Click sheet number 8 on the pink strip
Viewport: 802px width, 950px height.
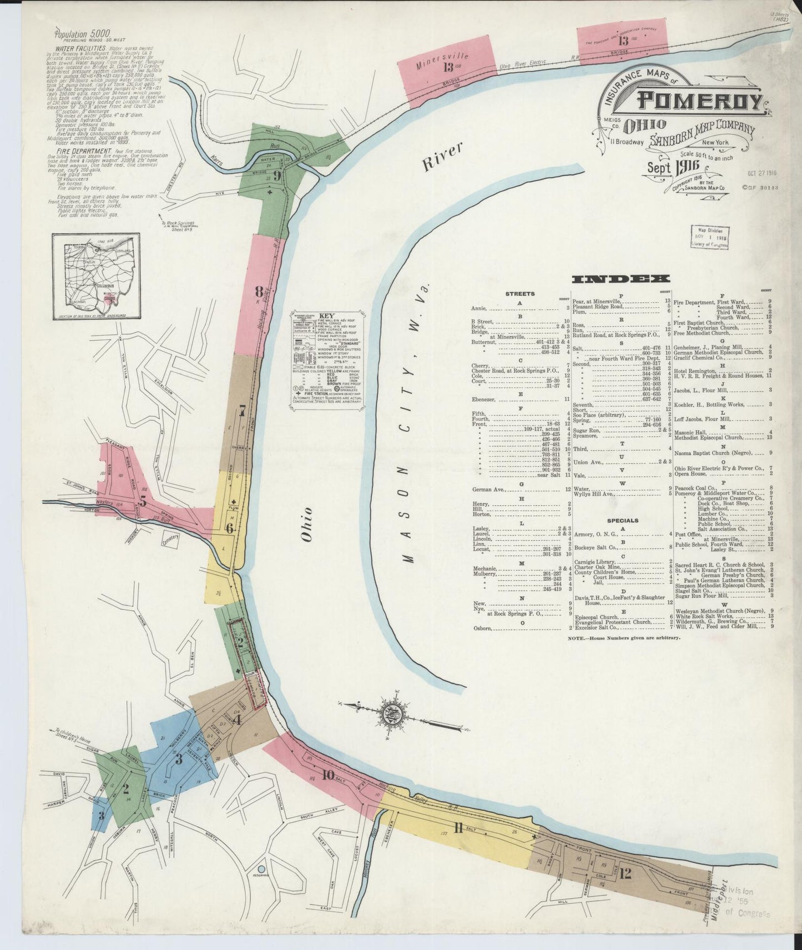point(259,292)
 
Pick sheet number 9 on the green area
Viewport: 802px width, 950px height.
point(276,178)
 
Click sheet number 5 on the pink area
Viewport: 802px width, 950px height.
point(143,501)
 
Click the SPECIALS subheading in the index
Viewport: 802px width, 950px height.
point(622,521)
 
